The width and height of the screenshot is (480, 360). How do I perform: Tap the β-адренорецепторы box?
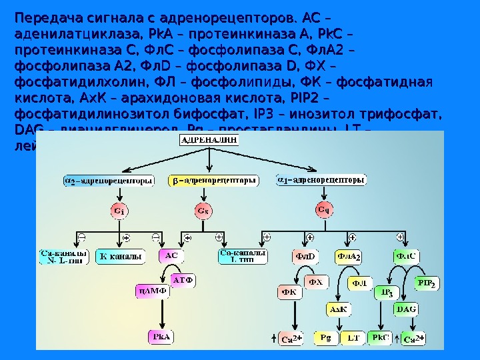pyautogui.click(x=212, y=181)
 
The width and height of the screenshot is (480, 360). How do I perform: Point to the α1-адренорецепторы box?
pyautogui.click(x=321, y=180)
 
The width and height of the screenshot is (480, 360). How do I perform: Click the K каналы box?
pyautogui.click(x=121, y=256)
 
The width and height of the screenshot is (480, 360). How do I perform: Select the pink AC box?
pyautogui.click(x=171, y=255)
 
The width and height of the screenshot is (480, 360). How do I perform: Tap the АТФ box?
pyautogui.click(x=183, y=280)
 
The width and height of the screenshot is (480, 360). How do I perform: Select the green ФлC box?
pyautogui.click(x=405, y=255)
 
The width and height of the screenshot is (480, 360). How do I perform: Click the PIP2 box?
pyautogui.click(x=426, y=283)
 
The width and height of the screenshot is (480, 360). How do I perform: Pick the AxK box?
pyautogui.click(x=339, y=310)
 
